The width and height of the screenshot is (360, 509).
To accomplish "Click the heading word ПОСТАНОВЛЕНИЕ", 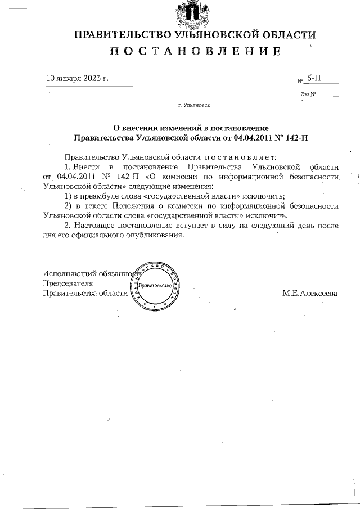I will pyautogui.click(x=195, y=52).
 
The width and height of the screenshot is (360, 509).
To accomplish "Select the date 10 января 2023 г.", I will pyautogui.click(x=76, y=78).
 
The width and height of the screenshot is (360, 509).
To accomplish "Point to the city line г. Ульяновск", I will pyautogui.click(x=194, y=105).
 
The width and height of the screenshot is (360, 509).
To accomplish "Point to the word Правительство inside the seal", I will pyautogui.click(x=155, y=286).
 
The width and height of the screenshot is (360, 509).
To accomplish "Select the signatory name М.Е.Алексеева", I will pyautogui.click(x=310, y=293).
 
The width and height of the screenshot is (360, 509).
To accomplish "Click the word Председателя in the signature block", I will pyautogui.click(x=68, y=283).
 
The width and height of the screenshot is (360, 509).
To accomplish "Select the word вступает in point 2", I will pyautogui.click(x=169, y=225).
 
